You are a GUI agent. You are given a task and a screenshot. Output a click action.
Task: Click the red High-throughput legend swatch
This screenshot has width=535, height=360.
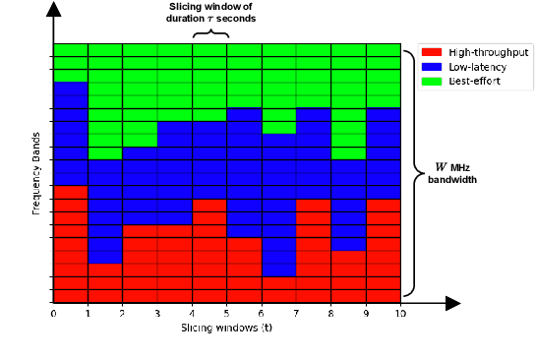point(431,50)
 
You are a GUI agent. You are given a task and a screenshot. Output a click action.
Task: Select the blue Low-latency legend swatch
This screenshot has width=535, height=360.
point(431,65)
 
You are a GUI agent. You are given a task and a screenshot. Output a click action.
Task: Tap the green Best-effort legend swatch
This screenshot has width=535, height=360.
point(431,80)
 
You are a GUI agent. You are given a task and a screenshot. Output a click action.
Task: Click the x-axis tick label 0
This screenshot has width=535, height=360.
point(54,313)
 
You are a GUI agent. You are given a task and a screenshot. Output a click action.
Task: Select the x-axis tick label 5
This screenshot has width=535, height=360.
point(227,313)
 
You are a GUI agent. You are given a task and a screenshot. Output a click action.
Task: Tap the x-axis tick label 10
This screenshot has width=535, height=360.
point(400,313)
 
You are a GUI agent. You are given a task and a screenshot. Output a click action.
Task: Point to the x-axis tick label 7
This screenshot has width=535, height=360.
point(296,313)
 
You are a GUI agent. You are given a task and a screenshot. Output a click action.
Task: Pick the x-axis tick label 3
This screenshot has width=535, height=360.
point(157,313)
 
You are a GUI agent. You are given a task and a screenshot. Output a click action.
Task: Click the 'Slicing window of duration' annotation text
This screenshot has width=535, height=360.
point(210,12)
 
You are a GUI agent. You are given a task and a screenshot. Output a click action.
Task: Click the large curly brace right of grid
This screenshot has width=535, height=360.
point(414,173)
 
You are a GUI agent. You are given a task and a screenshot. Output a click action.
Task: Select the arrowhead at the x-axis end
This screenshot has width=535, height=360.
point(453,301)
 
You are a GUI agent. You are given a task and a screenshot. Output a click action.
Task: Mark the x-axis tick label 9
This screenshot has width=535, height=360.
point(365,313)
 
